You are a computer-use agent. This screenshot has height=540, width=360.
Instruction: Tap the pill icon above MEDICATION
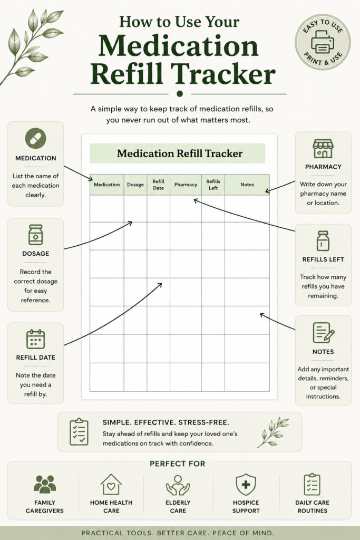[x=36, y=138]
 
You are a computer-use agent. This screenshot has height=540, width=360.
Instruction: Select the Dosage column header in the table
[x=135, y=185]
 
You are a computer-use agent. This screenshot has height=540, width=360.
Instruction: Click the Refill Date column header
[x=158, y=185]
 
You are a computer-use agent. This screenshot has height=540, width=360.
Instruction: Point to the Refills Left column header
[x=213, y=185]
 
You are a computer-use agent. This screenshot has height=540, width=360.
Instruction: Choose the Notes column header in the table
[x=247, y=185]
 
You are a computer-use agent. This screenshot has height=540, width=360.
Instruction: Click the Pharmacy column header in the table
[x=186, y=185]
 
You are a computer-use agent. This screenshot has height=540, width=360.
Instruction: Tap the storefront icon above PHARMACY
[x=323, y=148]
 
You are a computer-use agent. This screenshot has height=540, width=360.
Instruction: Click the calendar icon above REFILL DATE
[x=36, y=339]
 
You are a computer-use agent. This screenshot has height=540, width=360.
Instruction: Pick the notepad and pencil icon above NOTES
[x=323, y=333]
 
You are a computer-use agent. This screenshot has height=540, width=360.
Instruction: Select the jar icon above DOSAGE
[x=36, y=235]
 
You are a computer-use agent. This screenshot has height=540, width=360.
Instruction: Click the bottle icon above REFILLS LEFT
[x=323, y=240]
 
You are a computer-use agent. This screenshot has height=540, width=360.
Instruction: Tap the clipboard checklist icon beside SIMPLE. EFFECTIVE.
[x=79, y=432]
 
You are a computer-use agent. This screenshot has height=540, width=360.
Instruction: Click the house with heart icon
[x=111, y=484]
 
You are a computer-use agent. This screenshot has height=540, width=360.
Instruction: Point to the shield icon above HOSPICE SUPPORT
[x=246, y=484]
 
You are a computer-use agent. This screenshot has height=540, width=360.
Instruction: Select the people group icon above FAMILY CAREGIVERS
[x=45, y=484]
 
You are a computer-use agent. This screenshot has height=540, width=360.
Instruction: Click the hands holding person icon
[x=178, y=485]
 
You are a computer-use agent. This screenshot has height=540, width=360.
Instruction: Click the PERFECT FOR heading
[x=177, y=464]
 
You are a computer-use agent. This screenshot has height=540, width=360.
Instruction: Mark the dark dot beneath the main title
[x=179, y=94]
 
